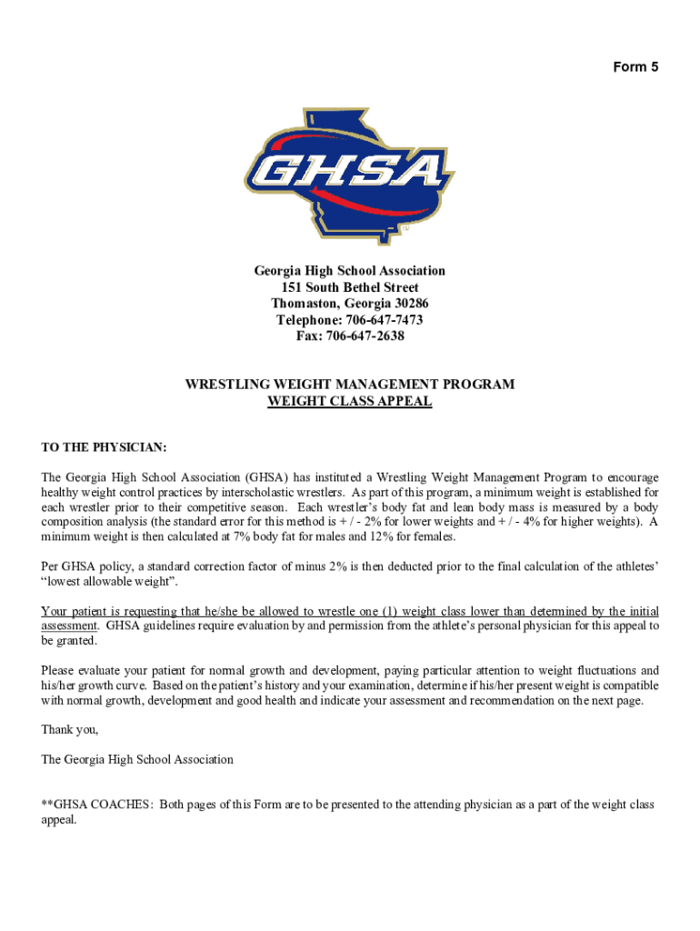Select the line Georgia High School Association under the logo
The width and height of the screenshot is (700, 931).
(x=349, y=271)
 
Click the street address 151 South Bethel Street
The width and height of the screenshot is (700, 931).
(x=349, y=287)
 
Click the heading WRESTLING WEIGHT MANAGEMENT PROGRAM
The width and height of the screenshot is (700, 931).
(x=349, y=385)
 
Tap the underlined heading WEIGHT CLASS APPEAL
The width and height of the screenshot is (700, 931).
(x=349, y=401)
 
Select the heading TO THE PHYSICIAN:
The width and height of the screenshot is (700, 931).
(x=105, y=448)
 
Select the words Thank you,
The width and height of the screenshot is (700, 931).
(x=70, y=730)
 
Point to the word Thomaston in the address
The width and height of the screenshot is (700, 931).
(x=304, y=304)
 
